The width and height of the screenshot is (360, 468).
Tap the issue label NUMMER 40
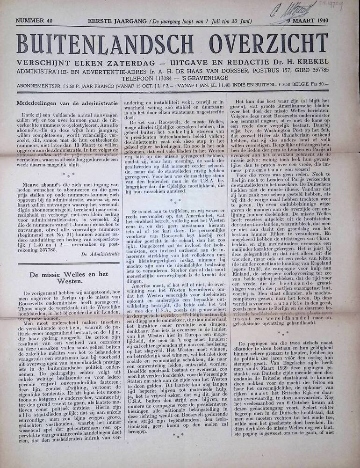click(x=34, y=21)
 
